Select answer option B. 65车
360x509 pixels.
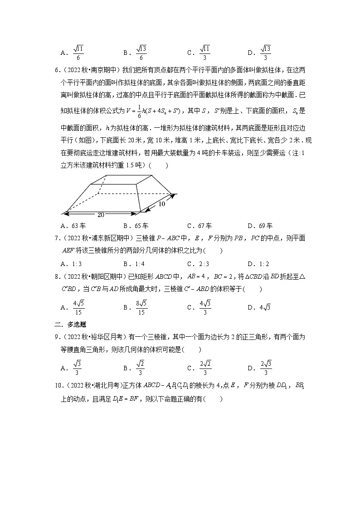pyautogui.click(x=136, y=226)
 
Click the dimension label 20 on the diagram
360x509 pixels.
pyautogui.click(x=101, y=215)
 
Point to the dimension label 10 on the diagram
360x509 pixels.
pyautogui.click(x=161, y=204)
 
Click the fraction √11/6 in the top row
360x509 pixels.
pyautogui.click(x=78, y=53)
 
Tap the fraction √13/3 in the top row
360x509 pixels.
pyautogui.click(x=266, y=53)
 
